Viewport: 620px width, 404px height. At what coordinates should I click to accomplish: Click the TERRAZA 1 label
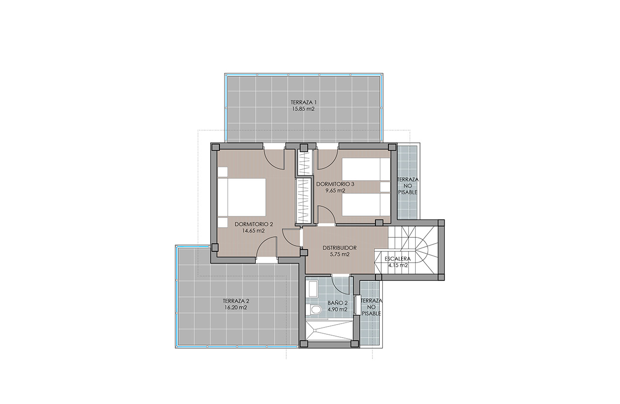coord(303,102)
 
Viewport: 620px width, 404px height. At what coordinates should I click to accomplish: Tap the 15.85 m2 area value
coord(303,109)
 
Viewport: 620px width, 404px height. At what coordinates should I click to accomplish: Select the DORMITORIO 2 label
coord(254,224)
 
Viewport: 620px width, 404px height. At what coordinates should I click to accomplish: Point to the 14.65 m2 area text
coord(253,231)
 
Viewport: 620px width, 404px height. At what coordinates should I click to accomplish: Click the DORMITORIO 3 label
coord(335,184)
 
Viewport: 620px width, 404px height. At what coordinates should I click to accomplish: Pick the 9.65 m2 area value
coord(335,191)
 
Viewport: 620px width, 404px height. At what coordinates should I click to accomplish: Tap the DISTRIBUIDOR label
coord(340,248)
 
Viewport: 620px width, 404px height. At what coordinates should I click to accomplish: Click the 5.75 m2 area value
coord(340,255)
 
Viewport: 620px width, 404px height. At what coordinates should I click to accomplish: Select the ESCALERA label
coord(398,259)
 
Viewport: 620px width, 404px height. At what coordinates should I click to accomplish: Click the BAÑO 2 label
coord(338,303)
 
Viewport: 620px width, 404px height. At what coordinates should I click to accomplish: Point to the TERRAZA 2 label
coord(236,301)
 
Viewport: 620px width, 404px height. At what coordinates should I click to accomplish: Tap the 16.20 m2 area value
coord(236,308)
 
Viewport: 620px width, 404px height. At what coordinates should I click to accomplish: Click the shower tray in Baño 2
coord(329,333)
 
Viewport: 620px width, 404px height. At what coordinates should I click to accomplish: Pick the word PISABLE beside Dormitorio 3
coord(407,192)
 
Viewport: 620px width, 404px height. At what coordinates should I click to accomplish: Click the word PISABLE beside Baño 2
coord(372,313)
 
